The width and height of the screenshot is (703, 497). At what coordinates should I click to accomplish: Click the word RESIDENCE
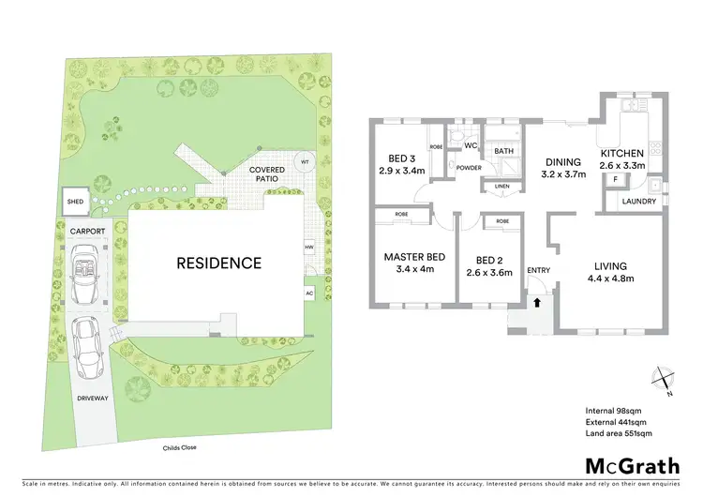click(x=219, y=264)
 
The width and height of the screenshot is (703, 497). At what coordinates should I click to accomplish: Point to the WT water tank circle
click(x=305, y=162)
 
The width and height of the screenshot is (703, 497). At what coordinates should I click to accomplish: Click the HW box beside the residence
click(x=307, y=248)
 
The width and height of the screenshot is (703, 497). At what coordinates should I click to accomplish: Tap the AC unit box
click(x=307, y=293)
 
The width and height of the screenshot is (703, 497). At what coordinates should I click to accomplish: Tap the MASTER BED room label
click(x=414, y=257)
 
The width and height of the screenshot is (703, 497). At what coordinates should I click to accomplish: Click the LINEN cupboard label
click(x=501, y=186)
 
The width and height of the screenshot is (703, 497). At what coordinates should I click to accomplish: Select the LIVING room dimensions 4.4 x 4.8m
click(x=610, y=279)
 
